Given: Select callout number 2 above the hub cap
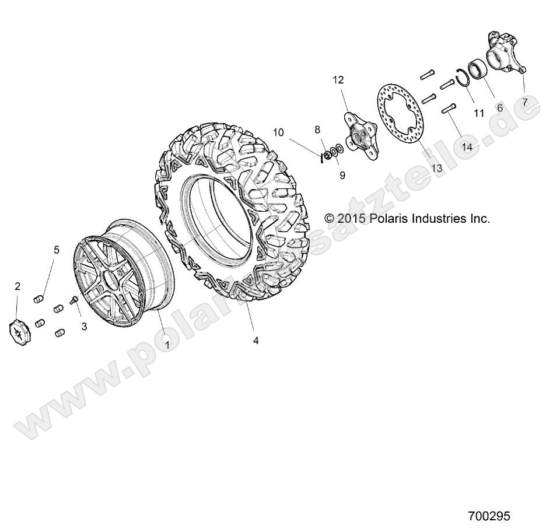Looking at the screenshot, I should coord(17,286).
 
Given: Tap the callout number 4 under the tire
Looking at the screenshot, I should coord(256,340).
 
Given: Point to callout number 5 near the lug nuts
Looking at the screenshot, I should coord(57,250).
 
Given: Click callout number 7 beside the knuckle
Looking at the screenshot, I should coord(525,102).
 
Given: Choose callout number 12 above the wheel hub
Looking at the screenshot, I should coord(338,80).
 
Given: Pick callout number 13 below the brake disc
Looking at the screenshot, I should coord(436,168).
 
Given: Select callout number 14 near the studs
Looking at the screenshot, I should coord(467,147).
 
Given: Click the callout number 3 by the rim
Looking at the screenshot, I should coord(84,327).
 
